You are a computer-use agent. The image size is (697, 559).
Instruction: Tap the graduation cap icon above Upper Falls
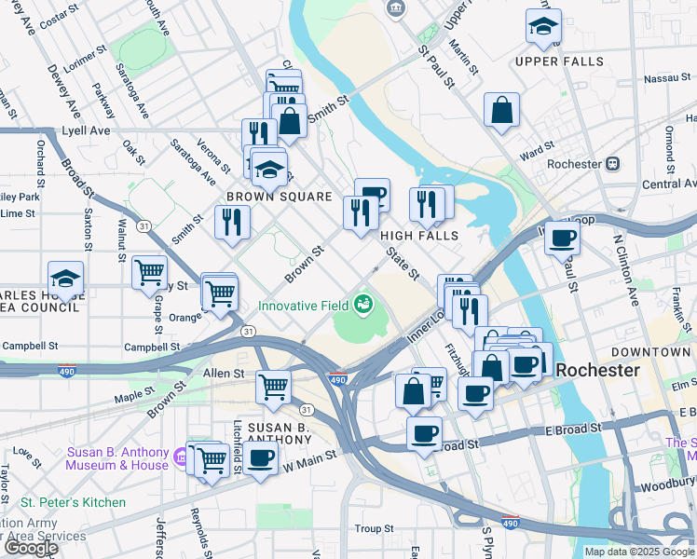(543, 28)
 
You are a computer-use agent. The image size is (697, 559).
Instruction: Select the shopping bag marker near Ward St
(501, 110)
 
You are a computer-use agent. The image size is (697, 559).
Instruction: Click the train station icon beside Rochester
(612, 164)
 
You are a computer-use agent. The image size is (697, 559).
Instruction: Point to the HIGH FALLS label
(419, 236)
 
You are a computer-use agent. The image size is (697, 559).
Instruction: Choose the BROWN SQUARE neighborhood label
(279, 197)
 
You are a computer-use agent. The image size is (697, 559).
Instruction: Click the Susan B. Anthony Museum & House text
(117, 458)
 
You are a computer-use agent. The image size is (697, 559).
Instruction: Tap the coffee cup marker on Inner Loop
(562, 239)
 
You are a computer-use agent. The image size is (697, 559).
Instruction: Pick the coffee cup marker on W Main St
(262, 457)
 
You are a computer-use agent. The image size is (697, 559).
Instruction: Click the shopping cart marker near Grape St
(149, 273)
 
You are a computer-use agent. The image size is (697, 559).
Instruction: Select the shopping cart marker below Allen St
(273, 386)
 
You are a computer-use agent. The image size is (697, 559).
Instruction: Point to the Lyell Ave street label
(85, 130)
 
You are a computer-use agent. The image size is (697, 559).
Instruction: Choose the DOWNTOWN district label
(651, 352)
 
